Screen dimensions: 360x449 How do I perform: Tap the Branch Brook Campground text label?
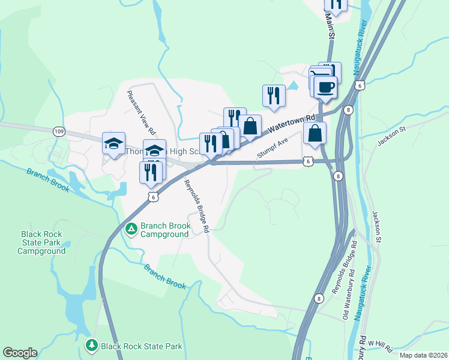[x=165, y=230]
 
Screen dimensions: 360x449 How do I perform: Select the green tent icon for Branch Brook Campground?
[x=131, y=228]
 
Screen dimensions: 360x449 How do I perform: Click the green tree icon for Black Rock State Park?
[x=91, y=346]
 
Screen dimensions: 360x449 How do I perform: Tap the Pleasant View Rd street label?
[x=142, y=112]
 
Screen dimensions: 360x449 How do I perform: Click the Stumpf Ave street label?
[x=273, y=148]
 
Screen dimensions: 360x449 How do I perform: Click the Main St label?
[x=330, y=25]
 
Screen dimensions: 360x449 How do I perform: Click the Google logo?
[x=20, y=353]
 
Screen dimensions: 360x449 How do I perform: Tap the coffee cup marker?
[x=325, y=86]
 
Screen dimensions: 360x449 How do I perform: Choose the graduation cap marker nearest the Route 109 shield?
[x=113, y=143]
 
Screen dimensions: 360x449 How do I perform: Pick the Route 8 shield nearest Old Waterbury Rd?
[x=318, y=298]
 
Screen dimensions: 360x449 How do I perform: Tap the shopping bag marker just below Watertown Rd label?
[x=315, y=133]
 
